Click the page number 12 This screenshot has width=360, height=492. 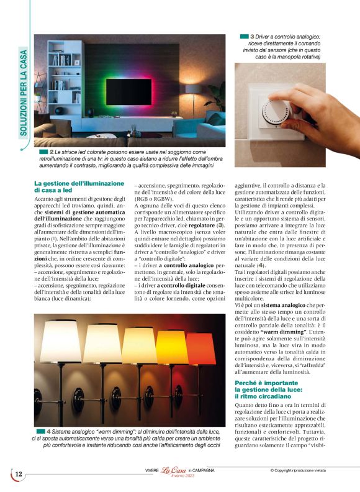(19, 474)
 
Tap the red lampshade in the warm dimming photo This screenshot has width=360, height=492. (200, 349)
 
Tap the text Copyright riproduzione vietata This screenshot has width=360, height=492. (306, 470)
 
